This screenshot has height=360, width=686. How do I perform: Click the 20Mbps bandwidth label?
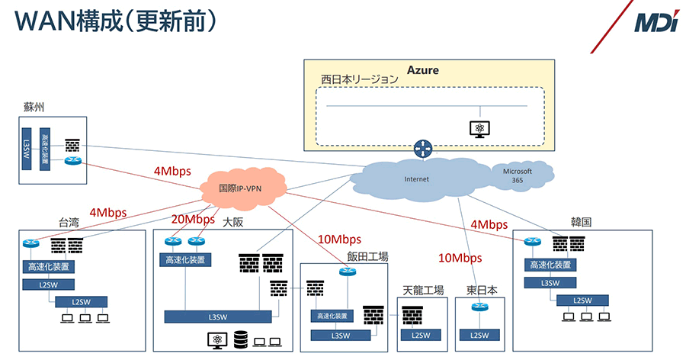click(193, 219)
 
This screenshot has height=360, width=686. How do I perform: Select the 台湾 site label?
click(69, 223)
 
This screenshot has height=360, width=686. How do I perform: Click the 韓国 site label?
click(582, 223)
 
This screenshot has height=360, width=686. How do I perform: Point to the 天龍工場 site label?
click(422, 291)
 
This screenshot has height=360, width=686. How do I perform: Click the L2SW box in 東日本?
click(479, 334)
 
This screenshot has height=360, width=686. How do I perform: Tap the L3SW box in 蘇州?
click(27, 149)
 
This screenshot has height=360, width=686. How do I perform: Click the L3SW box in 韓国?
click(550, 282)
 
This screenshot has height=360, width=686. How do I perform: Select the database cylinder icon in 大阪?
click(241, 338)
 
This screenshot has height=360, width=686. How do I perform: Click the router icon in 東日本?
click(479, 307)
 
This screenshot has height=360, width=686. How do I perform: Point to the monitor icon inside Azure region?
click(479, 128)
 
